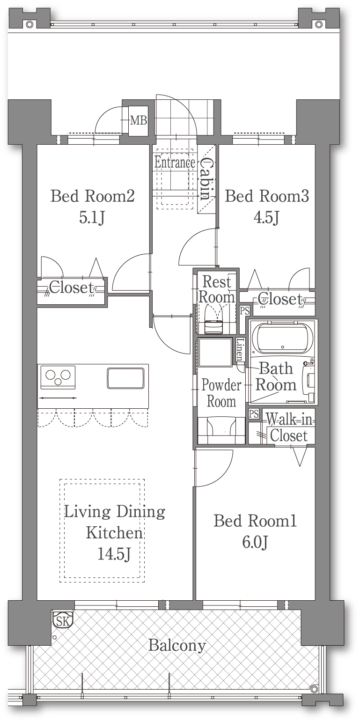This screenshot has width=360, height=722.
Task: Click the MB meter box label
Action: [139, 120]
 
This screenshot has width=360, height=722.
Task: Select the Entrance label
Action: [175, 162]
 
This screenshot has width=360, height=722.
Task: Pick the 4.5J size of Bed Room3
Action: [266, 218]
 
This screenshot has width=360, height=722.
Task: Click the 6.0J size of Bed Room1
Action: [255, 543]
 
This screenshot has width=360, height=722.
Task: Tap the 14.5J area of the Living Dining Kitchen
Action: [114, 554]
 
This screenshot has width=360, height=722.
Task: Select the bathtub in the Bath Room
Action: [283, 338]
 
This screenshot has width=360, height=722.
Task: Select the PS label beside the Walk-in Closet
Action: [254, 413]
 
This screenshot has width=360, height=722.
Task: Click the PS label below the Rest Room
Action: [245, 311]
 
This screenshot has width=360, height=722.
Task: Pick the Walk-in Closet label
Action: [289, 427]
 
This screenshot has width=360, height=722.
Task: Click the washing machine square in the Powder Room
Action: [215, 352]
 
